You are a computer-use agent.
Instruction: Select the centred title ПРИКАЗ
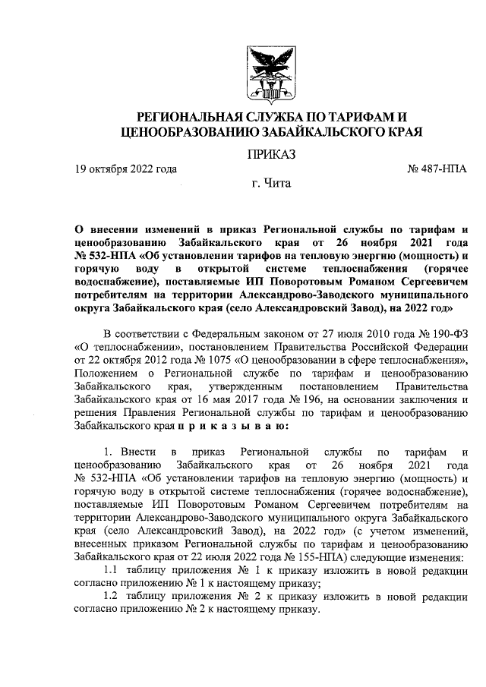[x=270, y=155]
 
